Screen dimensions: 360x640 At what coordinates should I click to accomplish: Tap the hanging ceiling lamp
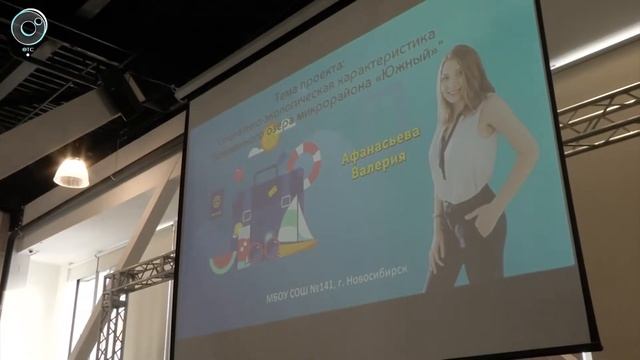[71, 172]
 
